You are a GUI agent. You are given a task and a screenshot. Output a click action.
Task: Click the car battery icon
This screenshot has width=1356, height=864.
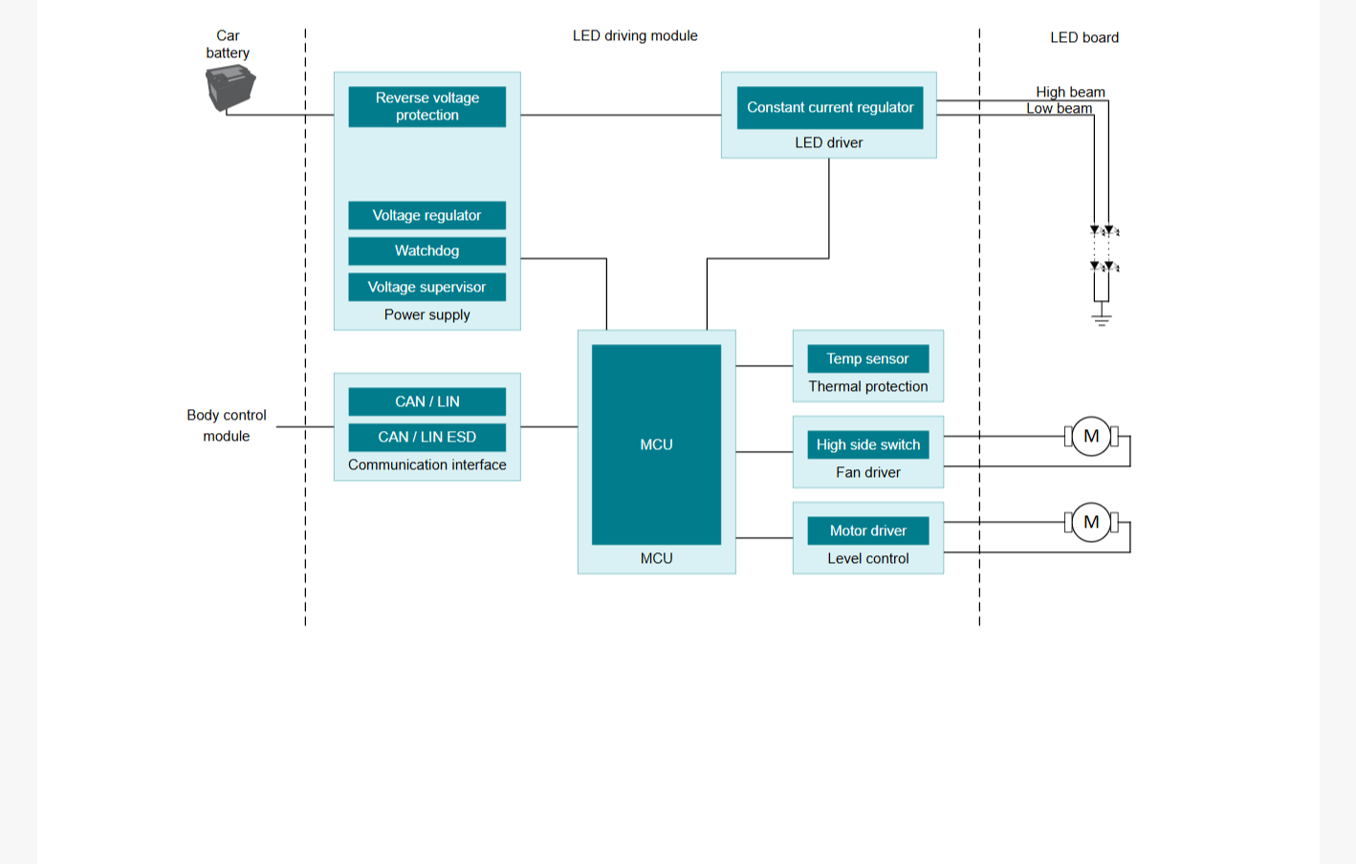[x=230, y=88]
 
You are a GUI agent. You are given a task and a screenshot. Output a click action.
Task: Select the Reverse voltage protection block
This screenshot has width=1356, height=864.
[x=426, y=106]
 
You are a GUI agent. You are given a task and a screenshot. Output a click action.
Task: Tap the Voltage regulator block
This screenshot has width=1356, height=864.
[x=426, y=215]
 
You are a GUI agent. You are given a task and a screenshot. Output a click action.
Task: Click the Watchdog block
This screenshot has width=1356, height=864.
[x=426, y=251]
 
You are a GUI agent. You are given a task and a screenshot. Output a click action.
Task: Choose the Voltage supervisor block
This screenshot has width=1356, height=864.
[x=426, y=287]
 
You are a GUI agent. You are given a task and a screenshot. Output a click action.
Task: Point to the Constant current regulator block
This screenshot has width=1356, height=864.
[x=830, y=108]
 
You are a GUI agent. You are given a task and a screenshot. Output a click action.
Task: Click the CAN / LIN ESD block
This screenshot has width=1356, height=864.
[x=426, y=437]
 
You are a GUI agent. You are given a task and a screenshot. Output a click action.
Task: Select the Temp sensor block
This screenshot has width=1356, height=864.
[x=868, y=358]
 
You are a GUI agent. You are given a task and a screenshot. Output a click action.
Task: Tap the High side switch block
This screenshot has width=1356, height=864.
[x=868, y=444]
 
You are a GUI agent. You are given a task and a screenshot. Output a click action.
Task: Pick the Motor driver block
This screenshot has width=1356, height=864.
[x=868, y=530]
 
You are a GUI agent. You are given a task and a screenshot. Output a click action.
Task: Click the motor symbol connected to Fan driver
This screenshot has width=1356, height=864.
[x=1091, y=436]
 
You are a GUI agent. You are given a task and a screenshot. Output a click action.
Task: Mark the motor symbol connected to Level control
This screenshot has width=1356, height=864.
[x=1091, y=522]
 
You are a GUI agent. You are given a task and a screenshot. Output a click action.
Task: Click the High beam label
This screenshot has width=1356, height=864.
[x=1070, y=92]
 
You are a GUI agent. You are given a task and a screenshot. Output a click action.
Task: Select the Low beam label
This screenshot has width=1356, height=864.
[x=1060, y=108]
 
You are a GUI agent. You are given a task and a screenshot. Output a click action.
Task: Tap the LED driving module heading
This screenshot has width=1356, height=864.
[x=635, y=35]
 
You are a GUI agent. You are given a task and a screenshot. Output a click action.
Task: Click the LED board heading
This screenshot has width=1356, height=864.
[x=1084, y=37]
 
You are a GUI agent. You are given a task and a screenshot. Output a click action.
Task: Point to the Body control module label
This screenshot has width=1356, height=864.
[x=227, y=425]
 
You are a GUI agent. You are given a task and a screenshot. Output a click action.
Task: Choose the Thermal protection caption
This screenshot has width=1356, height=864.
[x=868, y=387]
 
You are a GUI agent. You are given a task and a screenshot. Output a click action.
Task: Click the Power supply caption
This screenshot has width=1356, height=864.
[x=426, y=314]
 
